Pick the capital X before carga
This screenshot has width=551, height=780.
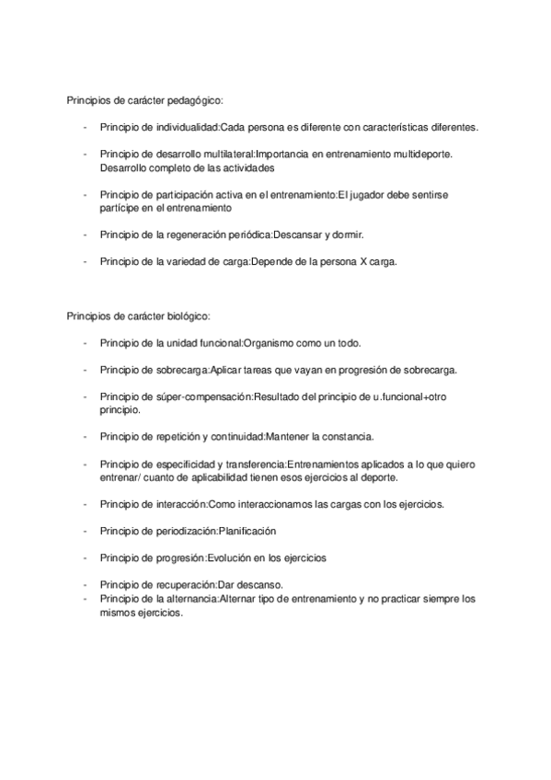tap(364, 261)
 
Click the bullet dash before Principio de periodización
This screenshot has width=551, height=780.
tap(86, 532)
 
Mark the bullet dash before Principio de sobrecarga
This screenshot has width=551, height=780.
tap(86, 370)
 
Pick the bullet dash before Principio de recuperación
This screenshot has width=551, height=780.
tap(86, 585)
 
